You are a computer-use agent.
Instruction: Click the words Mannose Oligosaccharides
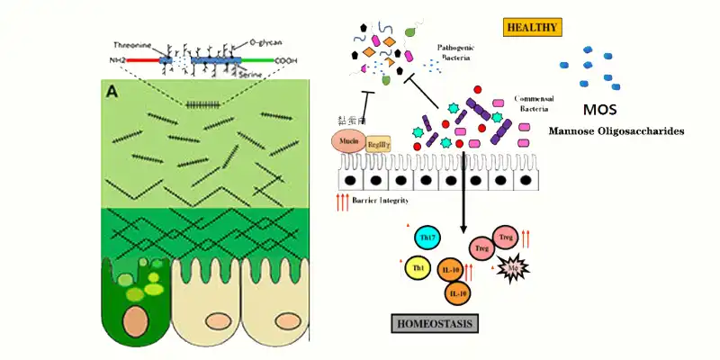click(616, 131)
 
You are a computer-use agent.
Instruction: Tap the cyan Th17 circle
click(426, 238)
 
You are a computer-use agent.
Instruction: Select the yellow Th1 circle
click(418, 267)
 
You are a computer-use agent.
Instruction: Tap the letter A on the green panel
click(113, 90)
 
